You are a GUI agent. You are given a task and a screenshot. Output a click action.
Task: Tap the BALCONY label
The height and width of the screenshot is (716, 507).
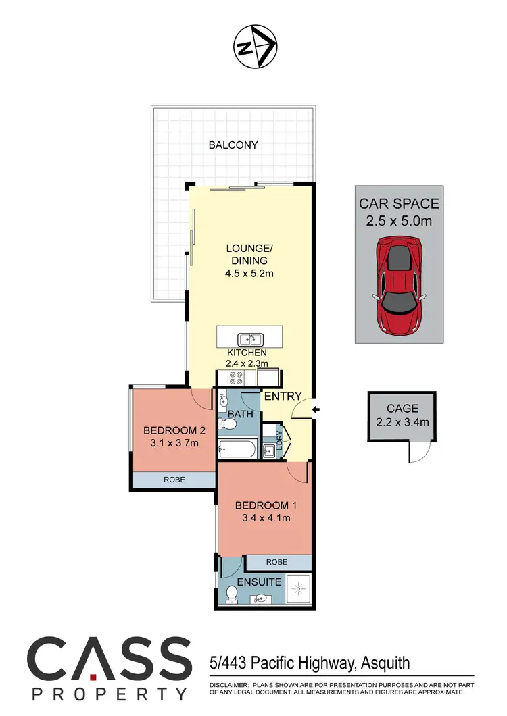coord(233,145)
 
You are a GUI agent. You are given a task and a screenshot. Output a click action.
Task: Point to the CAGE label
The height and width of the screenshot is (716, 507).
coord(403,409)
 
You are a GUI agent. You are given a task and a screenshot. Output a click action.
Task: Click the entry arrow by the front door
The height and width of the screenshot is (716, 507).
coord(316,409)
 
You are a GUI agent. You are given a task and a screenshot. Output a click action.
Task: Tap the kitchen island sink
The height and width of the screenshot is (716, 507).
coord(249,338)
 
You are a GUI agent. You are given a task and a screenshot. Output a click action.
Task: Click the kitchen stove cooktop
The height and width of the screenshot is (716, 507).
coord(238,377)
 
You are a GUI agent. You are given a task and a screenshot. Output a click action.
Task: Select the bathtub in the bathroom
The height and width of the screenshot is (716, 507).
coord(237,447)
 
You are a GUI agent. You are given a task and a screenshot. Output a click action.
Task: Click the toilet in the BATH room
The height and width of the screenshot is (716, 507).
coord(229,424)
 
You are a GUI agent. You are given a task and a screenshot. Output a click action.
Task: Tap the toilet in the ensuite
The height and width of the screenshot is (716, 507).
coord(232,593)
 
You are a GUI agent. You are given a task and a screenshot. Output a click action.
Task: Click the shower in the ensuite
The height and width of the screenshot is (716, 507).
coord(298,588)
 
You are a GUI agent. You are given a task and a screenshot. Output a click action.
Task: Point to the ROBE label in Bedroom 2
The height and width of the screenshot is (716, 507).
coord(173,479)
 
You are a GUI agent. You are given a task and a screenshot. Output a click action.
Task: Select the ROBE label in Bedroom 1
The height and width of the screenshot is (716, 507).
coord(276,561)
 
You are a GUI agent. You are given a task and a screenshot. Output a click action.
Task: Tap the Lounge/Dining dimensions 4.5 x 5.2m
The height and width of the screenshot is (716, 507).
coord(247,273)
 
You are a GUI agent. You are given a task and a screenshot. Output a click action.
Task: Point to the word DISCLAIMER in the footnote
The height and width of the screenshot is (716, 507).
coord(225,684)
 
